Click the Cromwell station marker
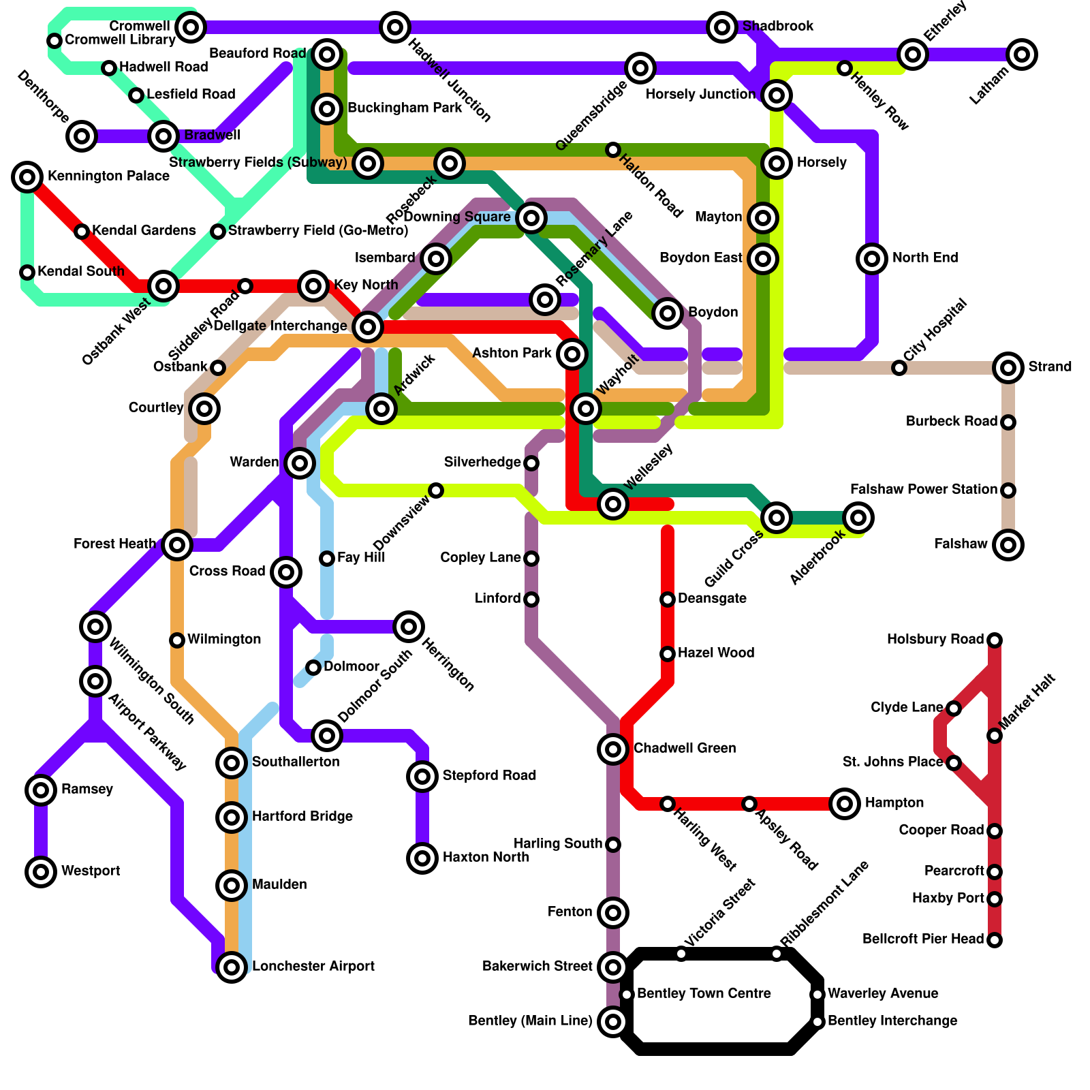[x=191, y=27]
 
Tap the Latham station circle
[x=1021, y=54]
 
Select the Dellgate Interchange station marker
[x=368, y=327]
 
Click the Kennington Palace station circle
[x=27, y=177]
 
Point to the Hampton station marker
[x=845, y=804]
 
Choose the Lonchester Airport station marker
[x=232, y=967]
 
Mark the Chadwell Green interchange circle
[x=613, y=749]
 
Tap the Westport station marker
[x=41, y=871]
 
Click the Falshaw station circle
[x=1008, y=545]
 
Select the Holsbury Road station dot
[x=995, y=640]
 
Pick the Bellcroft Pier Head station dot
[x=995, y=940]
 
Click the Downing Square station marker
[x=531, y=218]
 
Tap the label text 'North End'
[x=924, y=258]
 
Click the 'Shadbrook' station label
[x=778, y=27]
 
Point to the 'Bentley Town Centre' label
[x=704, y=994]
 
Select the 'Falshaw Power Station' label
[x=923, y=490]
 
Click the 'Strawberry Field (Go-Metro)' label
[x=318, y=231]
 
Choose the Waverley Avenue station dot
[x=817, y=995]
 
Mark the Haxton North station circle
[x=422, y=858]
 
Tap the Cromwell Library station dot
[x=54, y=41]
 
